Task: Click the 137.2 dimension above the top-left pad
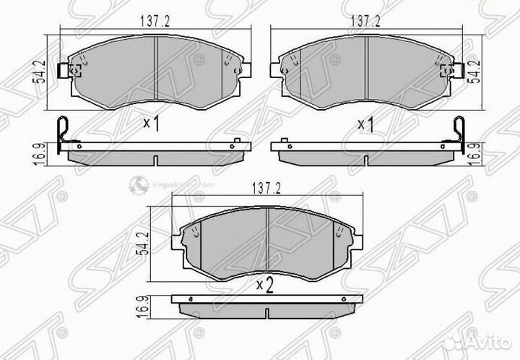tap(155, 22)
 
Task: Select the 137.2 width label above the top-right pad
tap(365, 22)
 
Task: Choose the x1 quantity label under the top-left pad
tap(151, 124)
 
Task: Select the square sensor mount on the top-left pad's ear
tap(73, 70)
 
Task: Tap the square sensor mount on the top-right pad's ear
tap(447, 70)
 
